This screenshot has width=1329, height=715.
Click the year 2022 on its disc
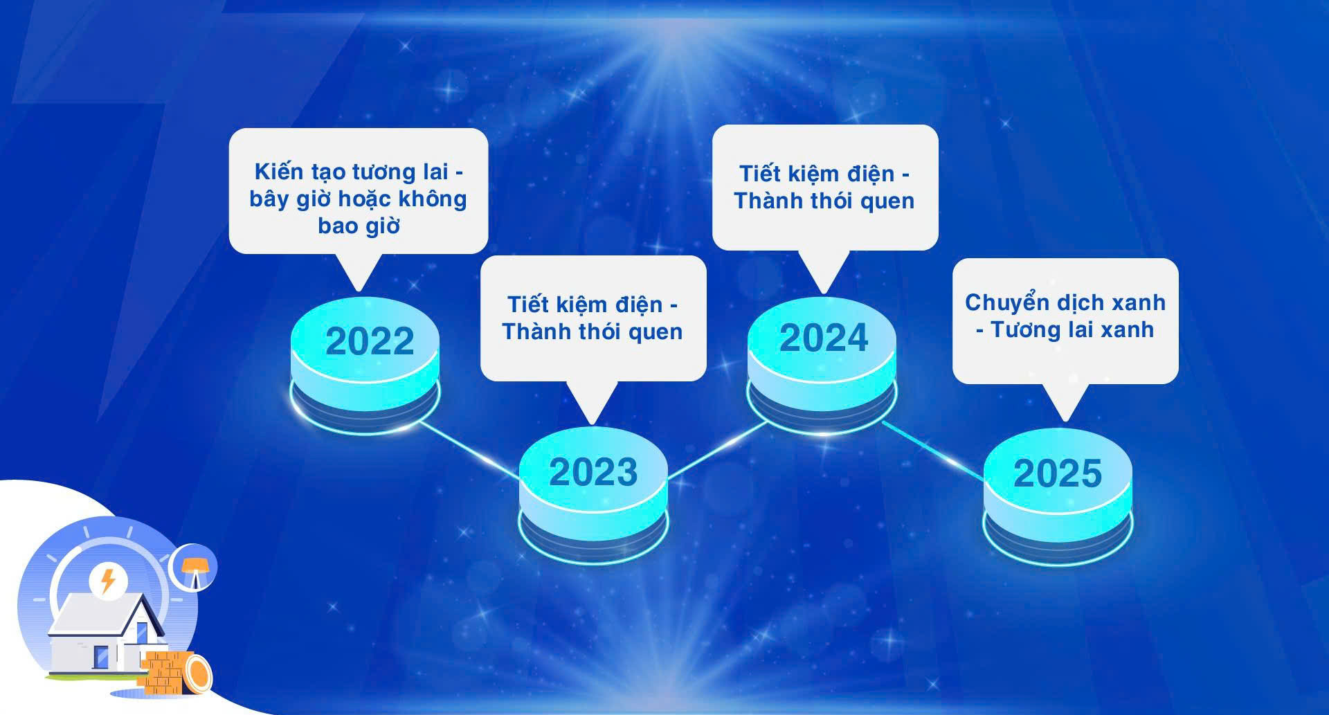pos(370,341)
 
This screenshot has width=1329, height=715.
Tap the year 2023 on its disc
pos(593,472)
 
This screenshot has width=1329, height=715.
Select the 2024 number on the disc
pos(824,338)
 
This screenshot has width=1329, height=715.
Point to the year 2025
pos(1058,473)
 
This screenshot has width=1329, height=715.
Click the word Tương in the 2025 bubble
pos(1024,329)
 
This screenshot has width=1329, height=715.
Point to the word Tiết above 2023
pos(529,304)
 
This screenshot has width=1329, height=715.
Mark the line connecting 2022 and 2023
pos(469,449)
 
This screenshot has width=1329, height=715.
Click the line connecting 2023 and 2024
pos(717,449)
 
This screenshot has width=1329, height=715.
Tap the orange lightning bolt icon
pos(107,581)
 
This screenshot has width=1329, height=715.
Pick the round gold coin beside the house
pos(198,675)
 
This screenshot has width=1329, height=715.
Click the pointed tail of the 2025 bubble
pos(1065,402)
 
